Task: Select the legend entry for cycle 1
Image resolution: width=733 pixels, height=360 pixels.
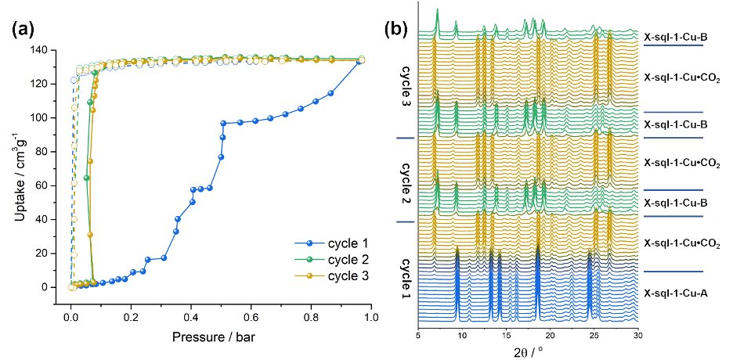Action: tap(327, 244)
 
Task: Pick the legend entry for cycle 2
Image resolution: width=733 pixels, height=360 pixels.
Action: tap(327, 260)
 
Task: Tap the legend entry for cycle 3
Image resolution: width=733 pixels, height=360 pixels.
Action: tap(327, 275)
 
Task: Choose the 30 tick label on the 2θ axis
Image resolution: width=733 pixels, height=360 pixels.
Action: tap(638, 334)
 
